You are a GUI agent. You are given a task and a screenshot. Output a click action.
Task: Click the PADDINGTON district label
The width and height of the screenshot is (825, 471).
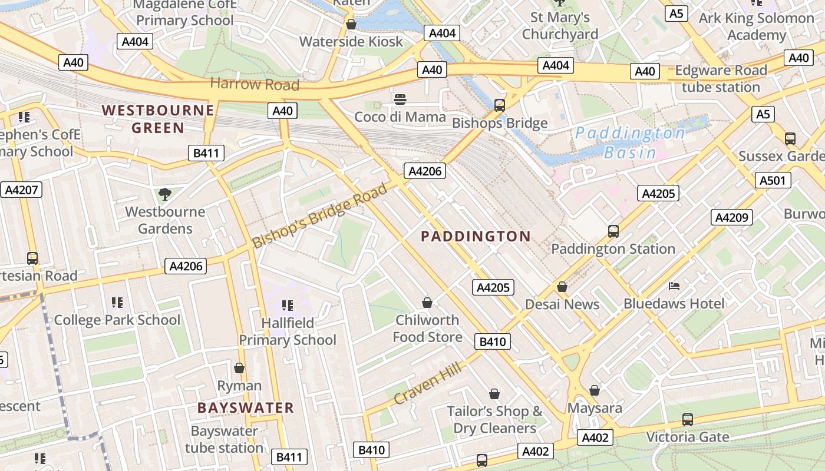pos(476,237)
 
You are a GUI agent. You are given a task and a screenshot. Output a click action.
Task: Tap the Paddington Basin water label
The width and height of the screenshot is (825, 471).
pos(630,142)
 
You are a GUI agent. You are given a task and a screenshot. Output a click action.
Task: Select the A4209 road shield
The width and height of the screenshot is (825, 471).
pos(732,217)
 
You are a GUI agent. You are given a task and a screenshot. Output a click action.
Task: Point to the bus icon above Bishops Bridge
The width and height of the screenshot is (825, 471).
pos(499,105)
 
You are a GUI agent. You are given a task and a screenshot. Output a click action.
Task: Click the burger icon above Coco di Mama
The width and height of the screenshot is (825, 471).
pos(400,99)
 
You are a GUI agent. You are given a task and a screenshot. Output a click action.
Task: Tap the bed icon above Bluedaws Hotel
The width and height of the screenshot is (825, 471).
pos(674,287)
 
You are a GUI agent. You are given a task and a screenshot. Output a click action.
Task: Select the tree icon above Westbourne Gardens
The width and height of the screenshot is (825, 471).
pos(165,194)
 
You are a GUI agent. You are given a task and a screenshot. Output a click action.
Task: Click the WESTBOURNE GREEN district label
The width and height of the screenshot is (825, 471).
pos(158,118)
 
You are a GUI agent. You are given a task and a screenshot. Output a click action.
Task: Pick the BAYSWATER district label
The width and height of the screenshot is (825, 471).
pos(245,408)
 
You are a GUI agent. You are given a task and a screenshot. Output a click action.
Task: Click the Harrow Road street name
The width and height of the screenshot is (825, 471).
pos(255,84)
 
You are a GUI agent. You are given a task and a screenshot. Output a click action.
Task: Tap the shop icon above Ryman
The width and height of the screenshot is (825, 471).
pos(239,368)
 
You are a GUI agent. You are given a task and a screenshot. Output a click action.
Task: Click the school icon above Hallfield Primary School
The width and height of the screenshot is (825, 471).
pos(288,305)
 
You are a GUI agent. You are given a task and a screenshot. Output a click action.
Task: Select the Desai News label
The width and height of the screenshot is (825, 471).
pos(562,304)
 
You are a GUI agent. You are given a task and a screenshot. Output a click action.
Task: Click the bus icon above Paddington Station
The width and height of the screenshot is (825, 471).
pos(613,231)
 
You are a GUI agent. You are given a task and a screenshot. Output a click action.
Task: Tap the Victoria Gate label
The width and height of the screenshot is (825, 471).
pos(687,437)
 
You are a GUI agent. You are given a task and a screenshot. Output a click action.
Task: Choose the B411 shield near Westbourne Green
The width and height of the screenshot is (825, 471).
pos(206,154)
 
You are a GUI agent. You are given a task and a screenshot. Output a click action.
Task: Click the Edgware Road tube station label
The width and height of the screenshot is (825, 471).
pos(721,79)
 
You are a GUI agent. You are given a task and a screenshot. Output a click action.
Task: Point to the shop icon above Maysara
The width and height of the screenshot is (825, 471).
pos(595,390)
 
